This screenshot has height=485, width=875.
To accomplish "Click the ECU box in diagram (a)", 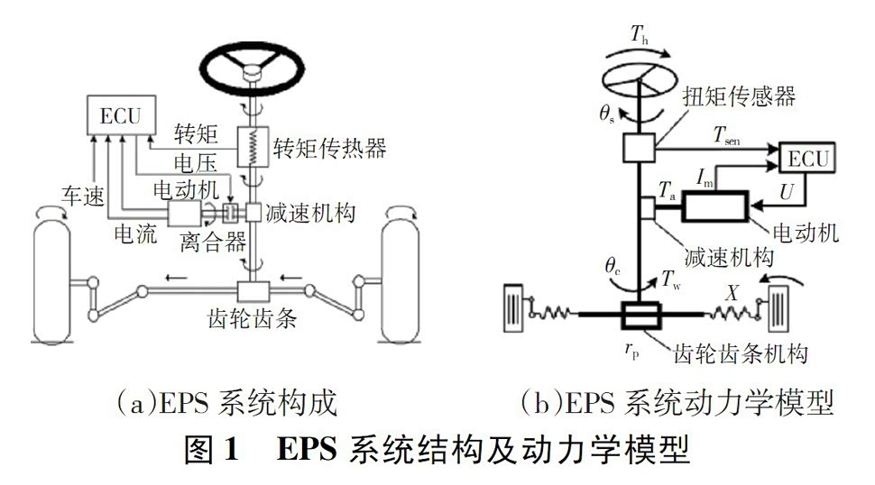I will (x=119, y=114).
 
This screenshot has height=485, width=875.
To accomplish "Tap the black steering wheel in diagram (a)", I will (x=249, y=63).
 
